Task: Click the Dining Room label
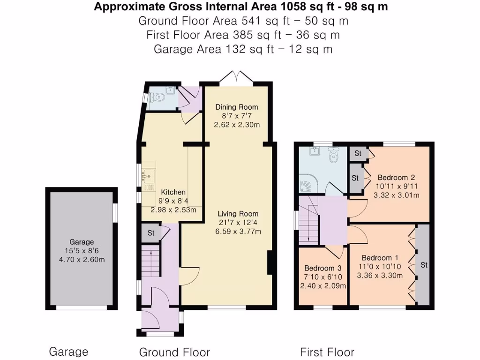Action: [x=237, y=107]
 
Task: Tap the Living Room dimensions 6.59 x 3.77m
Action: [x=238, y=232]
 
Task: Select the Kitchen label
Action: [x=173, y=192]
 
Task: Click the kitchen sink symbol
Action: [x=149, y=176]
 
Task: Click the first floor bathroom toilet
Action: [x=333, y=155]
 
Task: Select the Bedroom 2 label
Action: [x=397, y=178]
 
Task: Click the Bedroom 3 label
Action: [x=322, y=269]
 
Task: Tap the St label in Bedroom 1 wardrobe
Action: [x=424, y=265]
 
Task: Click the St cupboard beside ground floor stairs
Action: [x=151, y=233]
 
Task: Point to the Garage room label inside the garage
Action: [x=82, y=242]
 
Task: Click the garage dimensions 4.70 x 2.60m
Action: [x=82, y=260]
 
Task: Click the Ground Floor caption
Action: [x=174, y=352]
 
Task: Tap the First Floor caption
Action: [x=327, y=352]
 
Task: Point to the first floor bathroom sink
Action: [x=315, y=151]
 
